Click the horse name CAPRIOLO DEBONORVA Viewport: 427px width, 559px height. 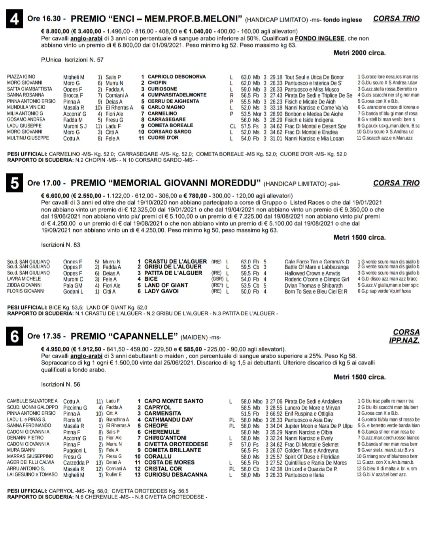(x=176, y=77)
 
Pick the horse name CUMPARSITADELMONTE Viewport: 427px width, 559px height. (x=177, y=95)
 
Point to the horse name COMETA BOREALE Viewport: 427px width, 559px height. (x=170, y=125)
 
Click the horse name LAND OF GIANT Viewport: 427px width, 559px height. (x=166, y=285)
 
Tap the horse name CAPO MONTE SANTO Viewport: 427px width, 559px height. (x=174, y=401)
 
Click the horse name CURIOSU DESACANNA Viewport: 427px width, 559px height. (x=176, y=474)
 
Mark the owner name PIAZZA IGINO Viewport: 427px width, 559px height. (x=21, y=77)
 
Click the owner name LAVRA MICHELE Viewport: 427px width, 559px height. (x=24, y=279)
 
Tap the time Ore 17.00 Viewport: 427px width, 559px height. (x=44, y=183)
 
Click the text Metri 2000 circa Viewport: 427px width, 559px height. (x=359, y=53)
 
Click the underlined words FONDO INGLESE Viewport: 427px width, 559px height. (x=319, y=38)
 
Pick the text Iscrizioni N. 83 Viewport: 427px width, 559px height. (x=60, y=245)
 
